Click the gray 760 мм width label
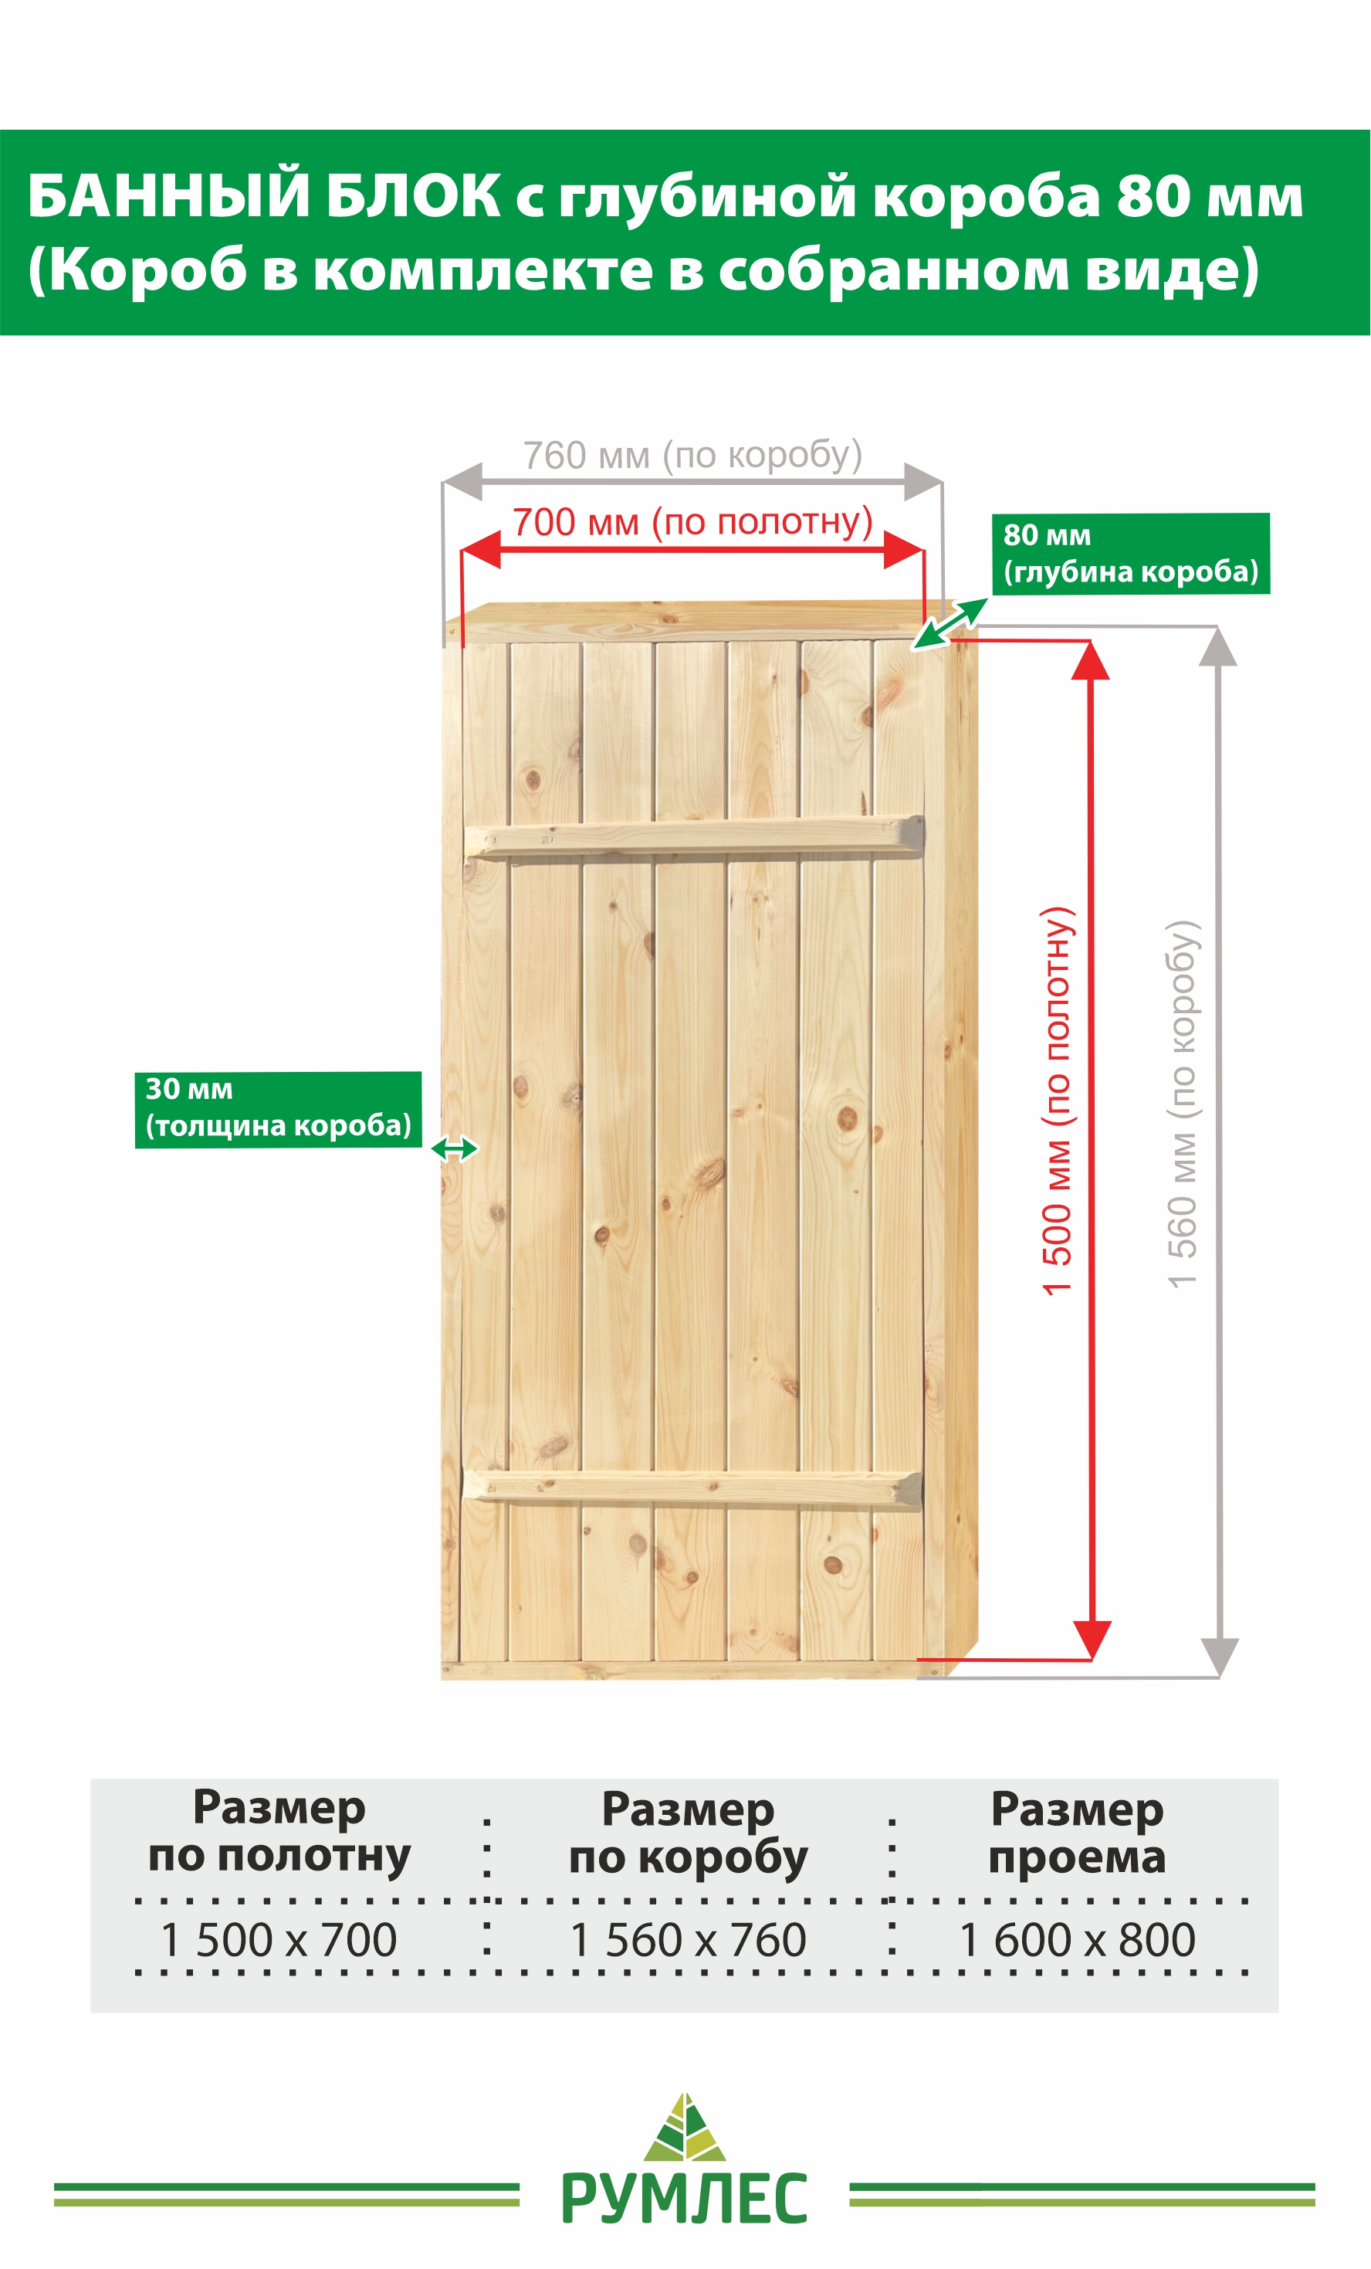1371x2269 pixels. (692, 455)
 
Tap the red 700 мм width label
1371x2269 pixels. (692, 522)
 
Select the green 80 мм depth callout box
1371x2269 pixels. (1131, 554)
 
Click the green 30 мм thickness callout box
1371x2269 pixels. (278, 1110)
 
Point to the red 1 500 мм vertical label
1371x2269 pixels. (1057, 1101)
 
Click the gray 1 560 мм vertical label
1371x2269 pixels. (1183, 1104)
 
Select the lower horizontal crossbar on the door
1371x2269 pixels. (692, 1488)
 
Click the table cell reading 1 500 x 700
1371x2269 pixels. (278, 1939)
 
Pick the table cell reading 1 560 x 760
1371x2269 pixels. (688, 1939)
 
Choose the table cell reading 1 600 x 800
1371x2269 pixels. (1078, 1939)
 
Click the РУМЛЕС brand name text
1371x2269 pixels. (684, 2198)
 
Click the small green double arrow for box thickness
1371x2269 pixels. (455, 1148)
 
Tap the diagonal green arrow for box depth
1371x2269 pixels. (950, 623)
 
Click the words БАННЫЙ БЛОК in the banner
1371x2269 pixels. (264, 195)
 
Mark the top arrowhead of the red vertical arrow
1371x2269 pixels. (1090, 660)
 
